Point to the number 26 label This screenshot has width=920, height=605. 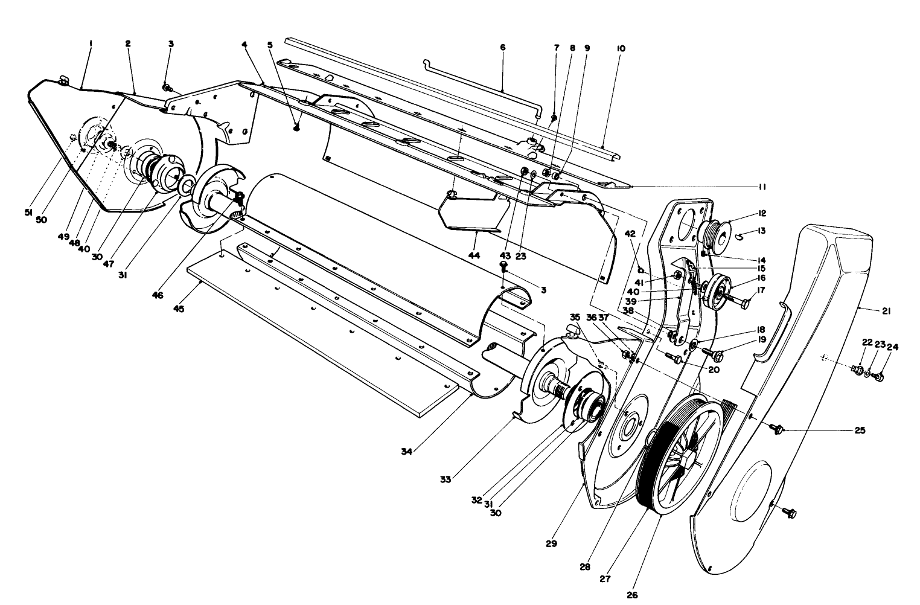(x=632, y=594)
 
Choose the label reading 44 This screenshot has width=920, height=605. (x=474, y=255)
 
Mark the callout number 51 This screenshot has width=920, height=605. (x=28, y=213)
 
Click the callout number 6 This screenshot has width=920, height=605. (x=503, y=46)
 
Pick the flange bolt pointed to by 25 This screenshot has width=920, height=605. (x=778, y=429)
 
